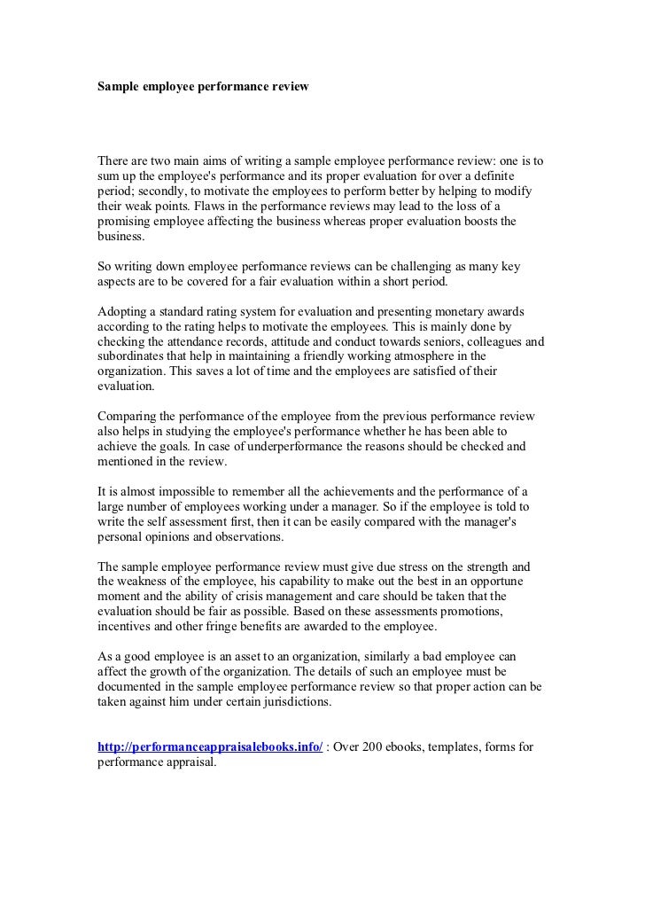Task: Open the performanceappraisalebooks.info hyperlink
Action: click(x=209, y=746)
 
